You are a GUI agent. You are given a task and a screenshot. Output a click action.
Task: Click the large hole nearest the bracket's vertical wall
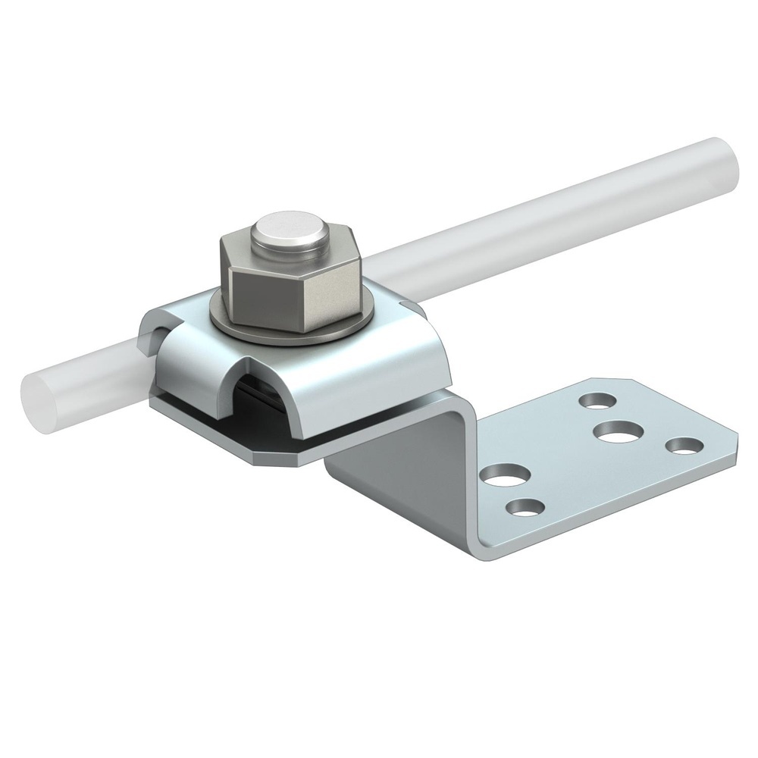tap(506, 475)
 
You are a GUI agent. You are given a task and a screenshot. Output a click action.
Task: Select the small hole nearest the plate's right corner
tap(684, 446)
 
